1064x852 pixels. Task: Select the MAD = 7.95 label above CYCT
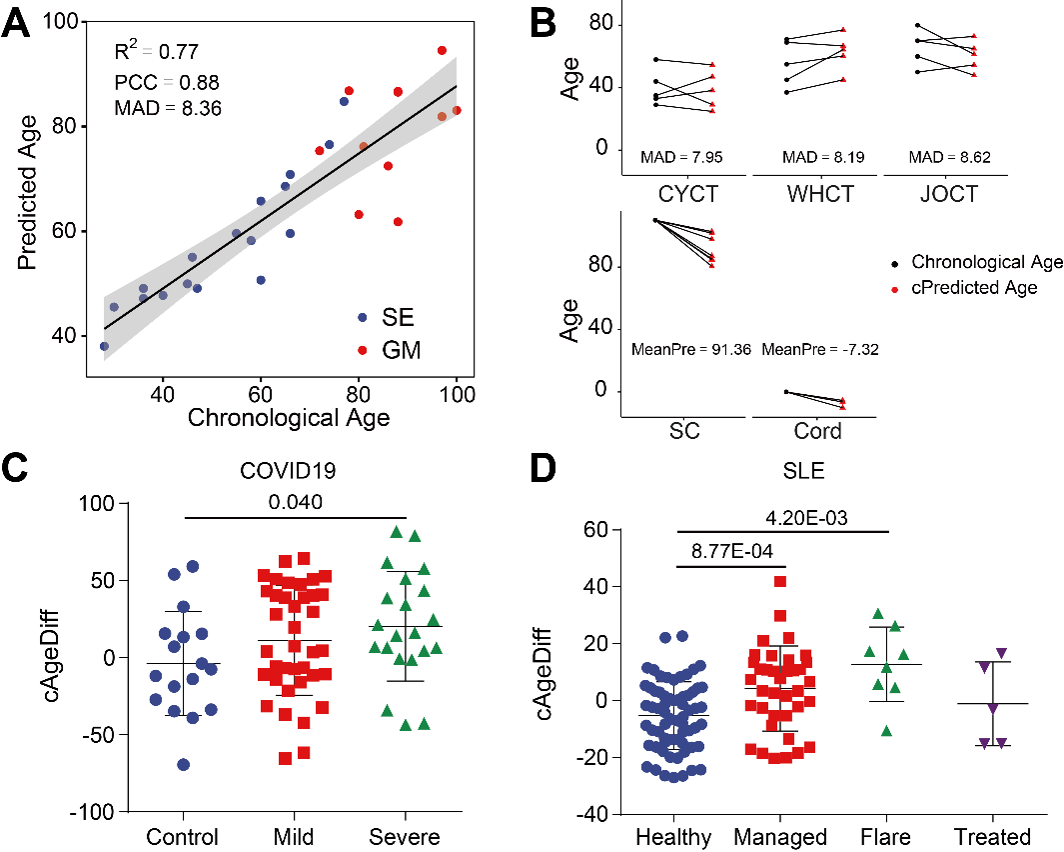pos(682,157)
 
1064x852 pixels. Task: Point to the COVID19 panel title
pos(293,470)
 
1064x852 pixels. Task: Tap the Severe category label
pos(404,836)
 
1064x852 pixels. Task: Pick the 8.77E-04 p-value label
pos(731,550)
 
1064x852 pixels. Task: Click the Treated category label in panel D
pos(993,836)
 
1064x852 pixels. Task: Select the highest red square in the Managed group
pos(779,581)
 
